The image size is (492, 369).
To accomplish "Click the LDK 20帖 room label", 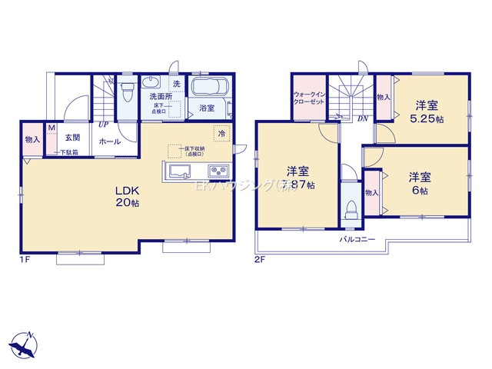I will pyautogui.click(x=127, y=196).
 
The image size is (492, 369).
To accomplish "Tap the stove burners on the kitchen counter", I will pyautogui.click(x=217, y=170).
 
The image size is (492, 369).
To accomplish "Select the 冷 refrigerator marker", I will pyautogui.click(x=221, y=132).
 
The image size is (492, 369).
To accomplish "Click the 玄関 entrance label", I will pyautogui.click(x=72, y=137).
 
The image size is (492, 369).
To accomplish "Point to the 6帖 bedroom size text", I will pyautogui.click(x=420, y=190).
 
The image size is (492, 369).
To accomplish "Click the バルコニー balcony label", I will pyautogui.click(x=358, y=239).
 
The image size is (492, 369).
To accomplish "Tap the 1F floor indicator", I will pyautogui.click(x=24, y=258).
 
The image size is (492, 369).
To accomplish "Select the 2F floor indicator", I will pyautogui.click(x=259, y=258).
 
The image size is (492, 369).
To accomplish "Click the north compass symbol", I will pyautogui.click(x=25, y=344).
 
